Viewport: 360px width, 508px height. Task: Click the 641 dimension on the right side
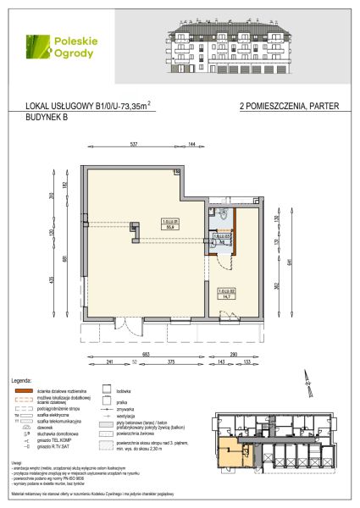(x=289, y=262)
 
